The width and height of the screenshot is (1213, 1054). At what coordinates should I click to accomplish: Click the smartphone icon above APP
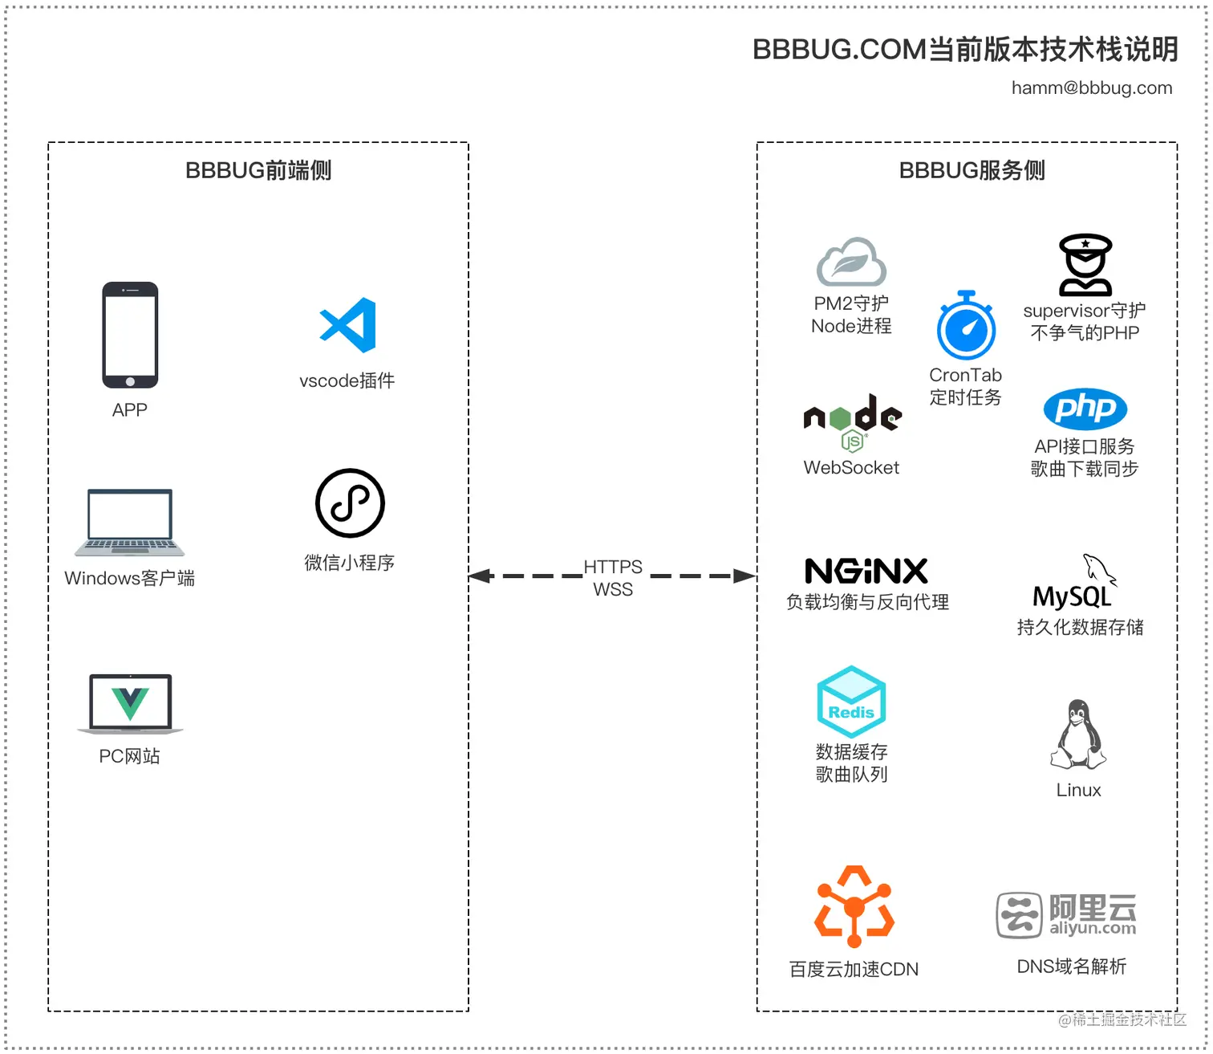point(130,335)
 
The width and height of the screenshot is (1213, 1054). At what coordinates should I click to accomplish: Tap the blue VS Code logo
point(348,325)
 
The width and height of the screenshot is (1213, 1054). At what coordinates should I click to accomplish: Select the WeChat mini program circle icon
point(350,503)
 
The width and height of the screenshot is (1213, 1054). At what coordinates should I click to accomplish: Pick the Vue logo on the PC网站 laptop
point(130,703)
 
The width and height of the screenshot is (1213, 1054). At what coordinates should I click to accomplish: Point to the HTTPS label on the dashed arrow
point(613,567)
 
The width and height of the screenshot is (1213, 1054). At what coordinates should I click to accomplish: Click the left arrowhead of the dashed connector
point(480,576)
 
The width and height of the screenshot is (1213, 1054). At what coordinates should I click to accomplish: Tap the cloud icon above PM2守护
point(851,262)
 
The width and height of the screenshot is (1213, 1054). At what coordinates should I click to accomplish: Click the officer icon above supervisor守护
point(1085,266)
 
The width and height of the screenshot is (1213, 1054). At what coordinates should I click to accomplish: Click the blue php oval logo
point(1085,409)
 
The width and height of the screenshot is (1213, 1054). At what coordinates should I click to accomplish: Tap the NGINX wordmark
point(866,572)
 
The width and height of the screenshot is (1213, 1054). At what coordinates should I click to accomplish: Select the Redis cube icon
point(851,702)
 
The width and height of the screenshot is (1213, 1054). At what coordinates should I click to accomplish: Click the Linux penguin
point(1078,735)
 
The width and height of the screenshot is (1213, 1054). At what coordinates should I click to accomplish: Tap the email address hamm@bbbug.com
point(1091,87)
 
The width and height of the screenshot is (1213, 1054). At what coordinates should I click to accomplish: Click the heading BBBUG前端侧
point(258,170)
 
